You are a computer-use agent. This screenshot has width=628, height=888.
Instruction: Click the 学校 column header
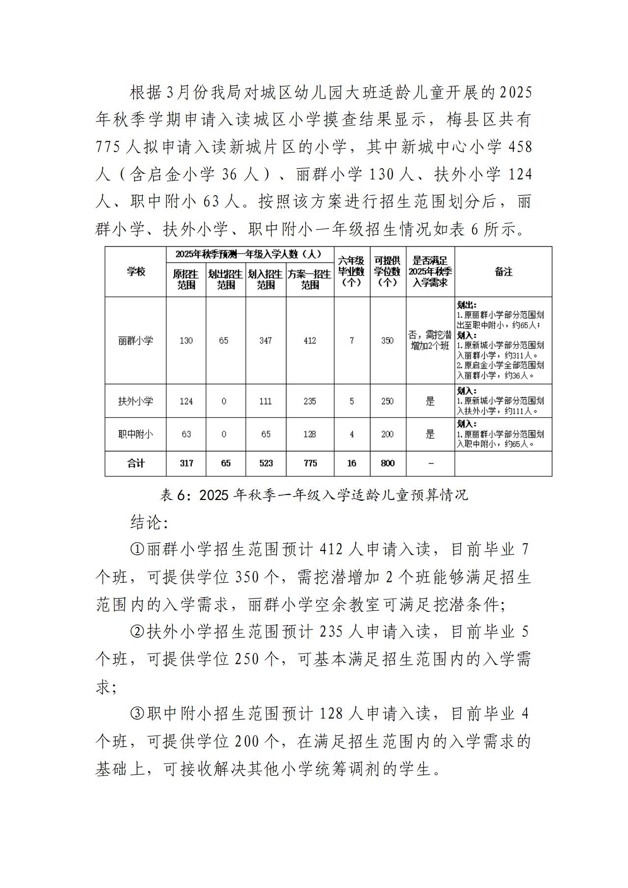(x=135, y=271)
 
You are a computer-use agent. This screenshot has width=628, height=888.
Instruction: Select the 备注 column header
(x=503, y=271)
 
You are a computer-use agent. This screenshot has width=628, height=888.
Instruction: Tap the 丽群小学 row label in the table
(x=135, y=340)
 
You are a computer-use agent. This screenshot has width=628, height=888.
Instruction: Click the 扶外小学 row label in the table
(x=135, y=401)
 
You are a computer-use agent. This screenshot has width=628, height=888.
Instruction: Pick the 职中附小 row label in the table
(x=135, y=434)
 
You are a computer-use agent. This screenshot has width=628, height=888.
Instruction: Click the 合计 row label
(x=135, y=463)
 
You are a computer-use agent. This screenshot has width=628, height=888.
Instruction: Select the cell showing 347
(x=265, y=340)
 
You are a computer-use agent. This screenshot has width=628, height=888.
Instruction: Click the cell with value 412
(x=310, y=340)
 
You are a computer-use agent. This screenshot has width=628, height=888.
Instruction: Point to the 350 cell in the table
(x=387, y=340)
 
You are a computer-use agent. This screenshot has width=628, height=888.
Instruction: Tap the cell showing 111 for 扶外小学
(x=265, y=401)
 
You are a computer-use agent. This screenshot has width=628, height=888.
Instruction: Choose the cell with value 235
(x=310, y=401)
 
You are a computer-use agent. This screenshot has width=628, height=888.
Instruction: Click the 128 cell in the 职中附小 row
(x=310, y=434)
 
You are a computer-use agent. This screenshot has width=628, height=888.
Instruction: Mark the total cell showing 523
(x=266, y=463)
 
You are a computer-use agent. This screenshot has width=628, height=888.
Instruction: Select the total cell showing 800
(x=388, y=463)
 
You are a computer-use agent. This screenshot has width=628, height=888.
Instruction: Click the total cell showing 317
(x=186, y=463)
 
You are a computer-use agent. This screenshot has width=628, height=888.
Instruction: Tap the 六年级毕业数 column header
(x=351, y=271)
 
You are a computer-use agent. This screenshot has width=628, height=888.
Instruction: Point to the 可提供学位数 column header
(x=388, y=271)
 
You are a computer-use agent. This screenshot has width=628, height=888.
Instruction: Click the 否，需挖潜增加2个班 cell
(x=430, y=340)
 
